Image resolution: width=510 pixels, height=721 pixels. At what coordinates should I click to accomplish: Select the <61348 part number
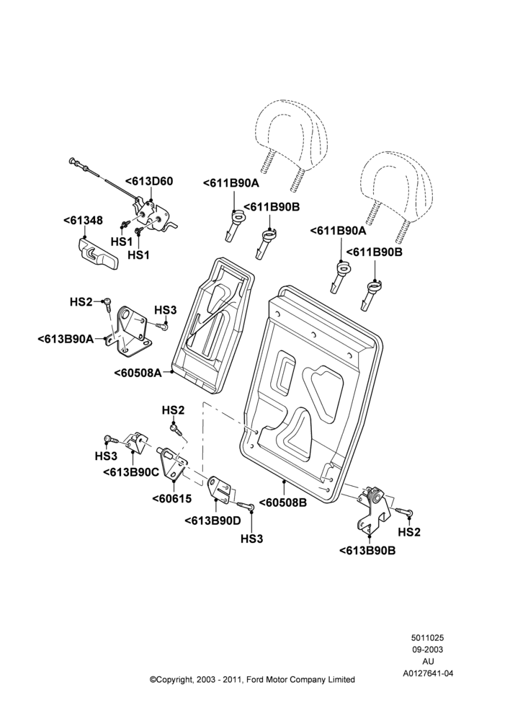(x=83, y=221)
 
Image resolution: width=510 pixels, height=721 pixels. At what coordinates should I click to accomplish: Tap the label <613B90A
(x=66, y=340)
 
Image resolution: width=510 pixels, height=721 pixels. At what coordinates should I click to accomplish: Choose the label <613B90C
(x=131, y=472)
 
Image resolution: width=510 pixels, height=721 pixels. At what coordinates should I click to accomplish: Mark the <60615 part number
(x=172, y=498)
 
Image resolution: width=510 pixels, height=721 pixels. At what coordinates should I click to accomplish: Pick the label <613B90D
(x=212, y=521)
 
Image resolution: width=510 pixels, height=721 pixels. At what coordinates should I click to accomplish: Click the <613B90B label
(x=367, y=550)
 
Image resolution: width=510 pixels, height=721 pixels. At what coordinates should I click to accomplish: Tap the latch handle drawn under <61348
(x=97, y=253)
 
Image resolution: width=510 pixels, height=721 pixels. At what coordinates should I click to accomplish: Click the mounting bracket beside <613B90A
(x=130, y=332)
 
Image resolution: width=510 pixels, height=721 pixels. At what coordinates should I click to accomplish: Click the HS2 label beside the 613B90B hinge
(x=409, y=532)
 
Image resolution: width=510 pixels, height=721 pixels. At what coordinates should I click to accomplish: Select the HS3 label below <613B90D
(x=252, y=539)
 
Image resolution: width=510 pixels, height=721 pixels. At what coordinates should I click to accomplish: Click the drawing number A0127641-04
(x=428, y=673)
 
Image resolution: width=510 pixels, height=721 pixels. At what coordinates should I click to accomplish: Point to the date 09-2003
(x=428, y=650)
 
